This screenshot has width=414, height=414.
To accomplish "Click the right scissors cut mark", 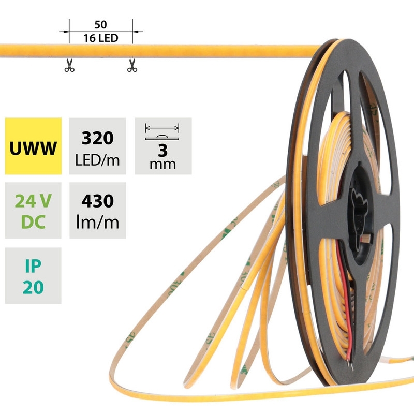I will pyautogui.click(x=132, y=66).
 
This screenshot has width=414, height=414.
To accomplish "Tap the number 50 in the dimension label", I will pyautogui.click(x=101, y=25).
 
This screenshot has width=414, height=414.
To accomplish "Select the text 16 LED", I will pyautogui.click(x=101, y=38).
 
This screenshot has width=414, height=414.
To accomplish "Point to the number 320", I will pyautogui.click(x=97, y=138).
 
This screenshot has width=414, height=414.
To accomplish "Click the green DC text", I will pyautogui.click(x=33, y=223).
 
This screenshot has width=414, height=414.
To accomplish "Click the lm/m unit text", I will pyautogui.click(x=97, y=223).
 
